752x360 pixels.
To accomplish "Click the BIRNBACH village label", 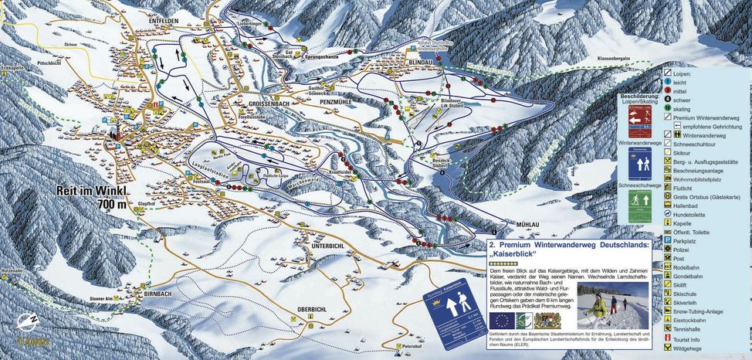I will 161,294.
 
